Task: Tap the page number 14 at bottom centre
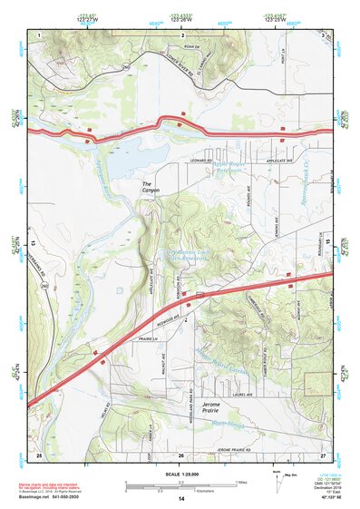[180, 499]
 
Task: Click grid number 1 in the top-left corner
[40, 34]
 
